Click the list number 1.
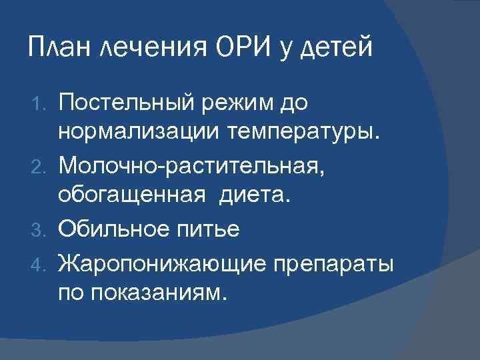coord(41,103)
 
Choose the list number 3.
coord(41,229)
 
